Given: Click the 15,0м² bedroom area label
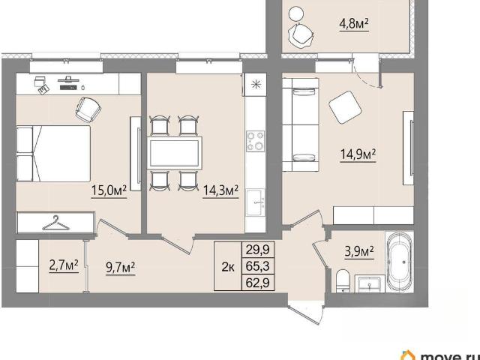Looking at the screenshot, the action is pos(109,190).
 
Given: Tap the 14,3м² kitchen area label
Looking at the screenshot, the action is pos(221,190).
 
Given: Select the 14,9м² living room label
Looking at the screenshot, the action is pos(358,154).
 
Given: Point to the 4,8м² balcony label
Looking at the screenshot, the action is pos(353,23).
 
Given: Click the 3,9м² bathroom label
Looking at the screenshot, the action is pos(359,252).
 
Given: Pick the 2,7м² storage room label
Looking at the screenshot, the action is pos(64,265).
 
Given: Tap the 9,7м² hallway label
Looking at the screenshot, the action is pos(120,268).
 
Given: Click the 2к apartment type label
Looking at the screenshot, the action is pos(228,267).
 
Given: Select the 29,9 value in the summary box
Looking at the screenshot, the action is pos(258,250).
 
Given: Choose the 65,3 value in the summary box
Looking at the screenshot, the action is pos(258,266).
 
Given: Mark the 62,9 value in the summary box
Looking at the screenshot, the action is pos(258,283).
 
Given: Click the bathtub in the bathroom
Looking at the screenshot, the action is pos(400,262).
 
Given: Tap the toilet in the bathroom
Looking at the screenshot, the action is pos(345,280).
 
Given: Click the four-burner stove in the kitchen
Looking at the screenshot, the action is pos(256,141).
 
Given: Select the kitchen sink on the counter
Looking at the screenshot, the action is pos(256,202).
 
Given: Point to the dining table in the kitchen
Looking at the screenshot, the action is pos(175,153).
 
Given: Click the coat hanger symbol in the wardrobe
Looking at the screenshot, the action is pos(55,223).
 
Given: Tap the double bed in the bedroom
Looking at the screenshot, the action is pos(53,154).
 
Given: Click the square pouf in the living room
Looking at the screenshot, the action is pos(345,107).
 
